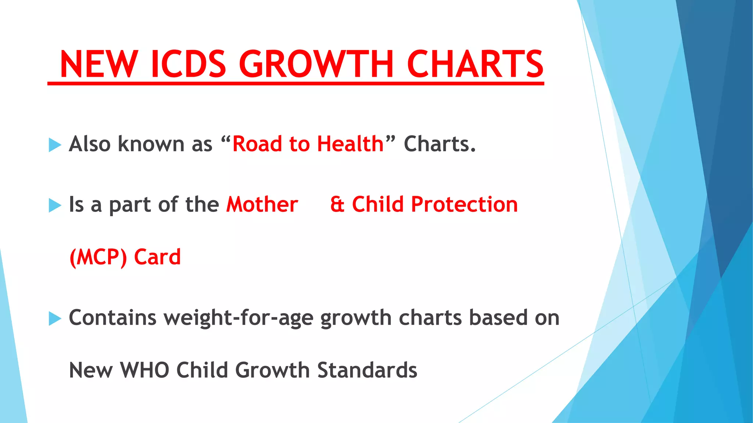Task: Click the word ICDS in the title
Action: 188,64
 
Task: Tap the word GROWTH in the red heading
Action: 317,64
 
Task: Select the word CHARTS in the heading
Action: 475,64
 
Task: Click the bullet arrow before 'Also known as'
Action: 55,145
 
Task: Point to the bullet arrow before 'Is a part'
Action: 55,205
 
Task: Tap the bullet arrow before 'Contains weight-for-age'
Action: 55,318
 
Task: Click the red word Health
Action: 350,144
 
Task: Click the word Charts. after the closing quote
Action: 440,144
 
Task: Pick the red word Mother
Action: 262,204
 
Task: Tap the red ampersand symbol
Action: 338,204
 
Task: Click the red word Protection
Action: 464,204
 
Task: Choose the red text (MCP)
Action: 98,257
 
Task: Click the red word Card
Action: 157,257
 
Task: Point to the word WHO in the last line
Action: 145,370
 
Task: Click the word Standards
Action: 367,370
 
